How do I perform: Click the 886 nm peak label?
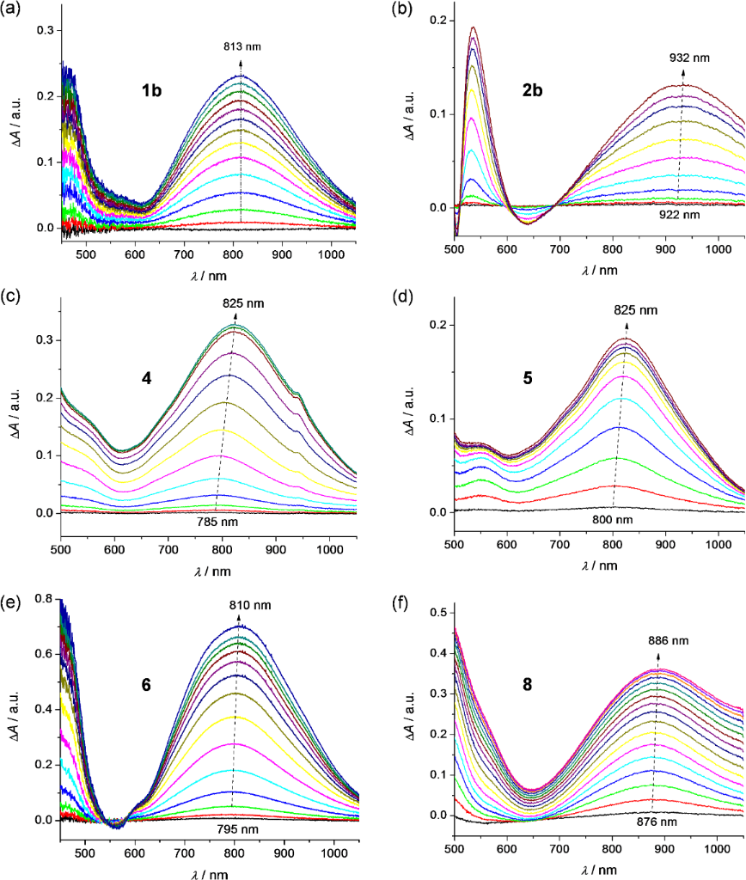670,640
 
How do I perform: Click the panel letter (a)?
14,9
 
